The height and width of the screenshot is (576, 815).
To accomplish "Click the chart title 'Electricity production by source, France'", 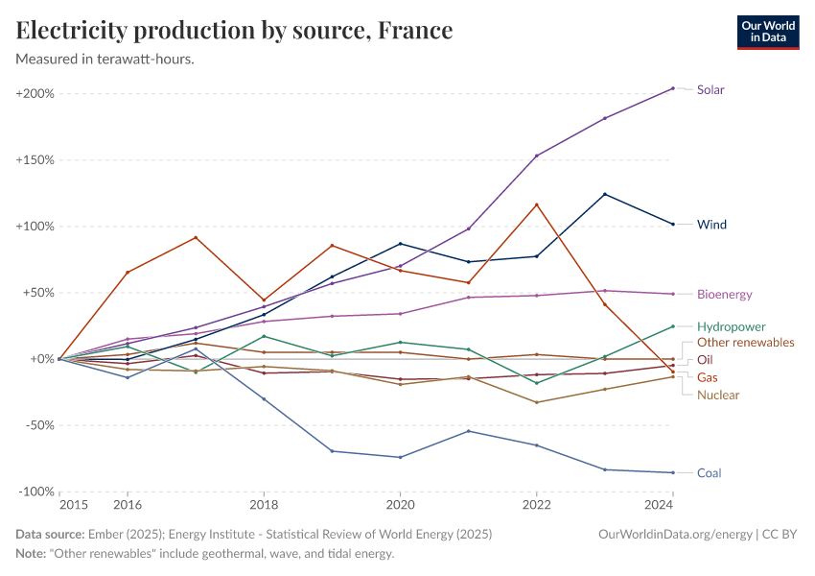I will [235, 31].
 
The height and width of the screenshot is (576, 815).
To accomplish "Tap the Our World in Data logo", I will [767, 32].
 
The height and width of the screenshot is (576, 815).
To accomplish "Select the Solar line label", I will [710, 90].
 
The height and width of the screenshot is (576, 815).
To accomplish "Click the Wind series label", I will [711, 225].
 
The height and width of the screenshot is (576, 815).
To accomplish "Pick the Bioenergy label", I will [724, 295].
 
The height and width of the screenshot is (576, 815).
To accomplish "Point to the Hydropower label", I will [731, 326].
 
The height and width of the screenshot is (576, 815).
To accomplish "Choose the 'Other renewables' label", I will [745, 343].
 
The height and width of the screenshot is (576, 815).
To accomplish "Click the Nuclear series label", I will [717, 396].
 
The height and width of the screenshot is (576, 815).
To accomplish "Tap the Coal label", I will [709, 473].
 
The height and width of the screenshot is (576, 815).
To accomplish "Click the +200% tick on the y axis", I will [35, 94].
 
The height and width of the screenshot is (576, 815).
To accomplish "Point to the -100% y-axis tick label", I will [35, 492].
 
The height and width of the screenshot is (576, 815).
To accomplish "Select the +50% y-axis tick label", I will [38, 293].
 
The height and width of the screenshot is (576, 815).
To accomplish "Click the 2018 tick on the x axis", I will [264, 505].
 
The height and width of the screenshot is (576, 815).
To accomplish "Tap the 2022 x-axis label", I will [536, 505].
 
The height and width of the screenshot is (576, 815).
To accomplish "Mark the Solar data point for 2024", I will [673, 88].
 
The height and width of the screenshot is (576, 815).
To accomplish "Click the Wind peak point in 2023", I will [605, 194].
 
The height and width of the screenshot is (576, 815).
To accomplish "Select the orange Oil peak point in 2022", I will [537, 204].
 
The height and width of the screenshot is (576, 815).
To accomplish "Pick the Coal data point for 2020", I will [400, 457].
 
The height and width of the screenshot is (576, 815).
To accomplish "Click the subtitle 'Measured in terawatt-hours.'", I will [105, 60].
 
